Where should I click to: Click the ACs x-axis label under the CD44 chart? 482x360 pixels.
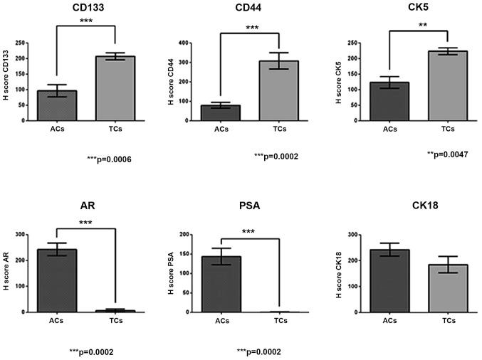pos(230,129)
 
